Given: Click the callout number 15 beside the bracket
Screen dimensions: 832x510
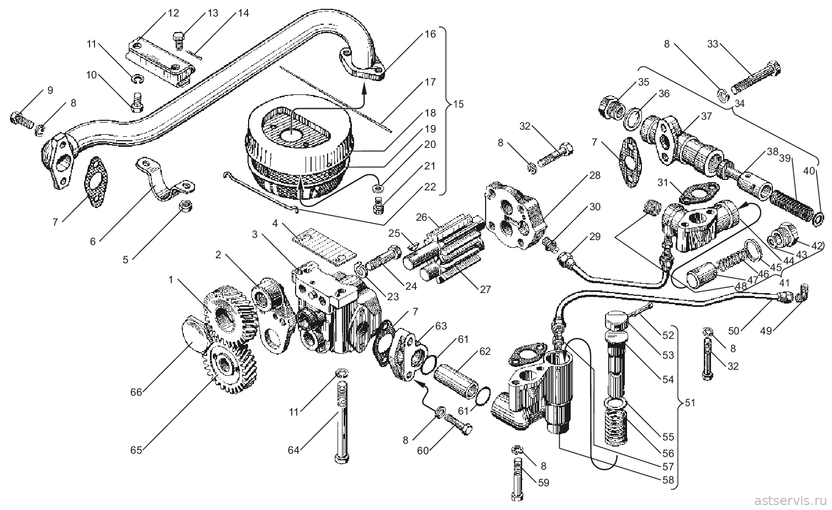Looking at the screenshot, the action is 459,104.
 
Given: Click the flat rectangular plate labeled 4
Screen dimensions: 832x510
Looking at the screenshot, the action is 324,248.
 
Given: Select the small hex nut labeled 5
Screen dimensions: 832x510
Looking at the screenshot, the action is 185,206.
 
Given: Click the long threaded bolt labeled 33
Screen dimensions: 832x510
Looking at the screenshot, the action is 756,78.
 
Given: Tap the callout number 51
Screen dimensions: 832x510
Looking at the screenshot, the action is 690,403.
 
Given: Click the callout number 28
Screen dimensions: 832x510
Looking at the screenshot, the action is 594,175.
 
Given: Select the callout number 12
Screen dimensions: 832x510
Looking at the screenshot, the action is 173,13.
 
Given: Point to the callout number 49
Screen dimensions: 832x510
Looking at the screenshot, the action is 766,331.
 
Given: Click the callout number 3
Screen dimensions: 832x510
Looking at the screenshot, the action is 255,234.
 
